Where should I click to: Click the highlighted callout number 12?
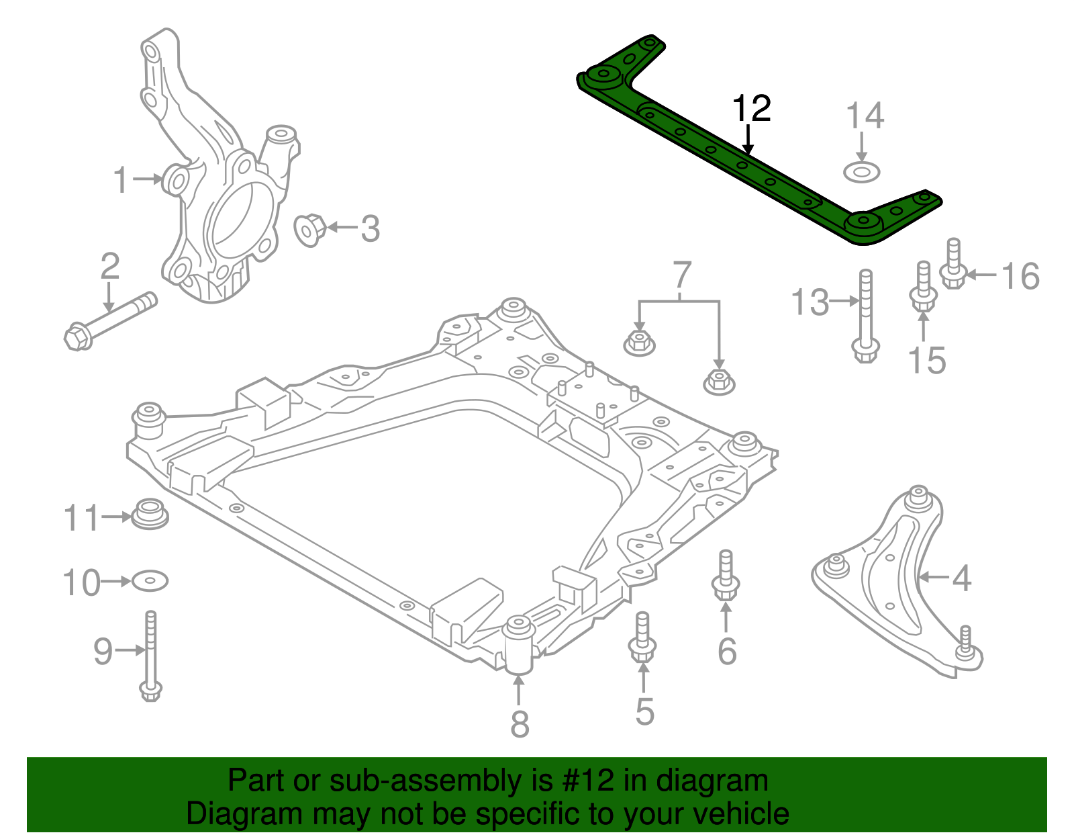click(751, 109)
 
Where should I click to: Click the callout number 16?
click(1020, 275)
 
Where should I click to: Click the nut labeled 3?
click(310, 229)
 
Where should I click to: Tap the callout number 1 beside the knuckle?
click(121, 179)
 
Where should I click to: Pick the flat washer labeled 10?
click(150, 580)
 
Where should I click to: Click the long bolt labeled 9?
click(150, 655)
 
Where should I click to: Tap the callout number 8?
click(520, 723)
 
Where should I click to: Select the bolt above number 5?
click(642, 637)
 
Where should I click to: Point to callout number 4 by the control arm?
click(961, 578)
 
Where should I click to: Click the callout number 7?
click(681, 275)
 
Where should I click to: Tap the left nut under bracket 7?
click(639, 343)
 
